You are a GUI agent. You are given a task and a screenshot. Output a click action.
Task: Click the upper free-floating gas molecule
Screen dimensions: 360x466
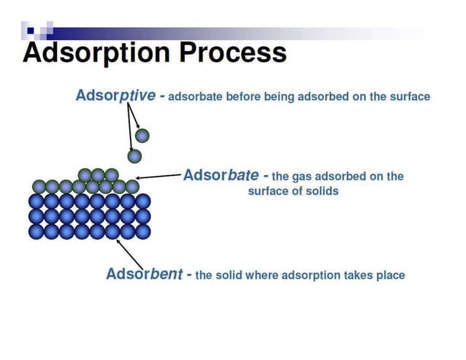[x=142, y=135]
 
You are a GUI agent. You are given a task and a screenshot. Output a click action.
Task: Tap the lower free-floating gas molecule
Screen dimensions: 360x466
[x=134, y=156]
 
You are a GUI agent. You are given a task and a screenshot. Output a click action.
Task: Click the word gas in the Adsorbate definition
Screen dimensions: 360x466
[x=302, y=177]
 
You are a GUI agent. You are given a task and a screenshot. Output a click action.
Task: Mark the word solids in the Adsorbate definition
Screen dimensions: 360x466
[x=323, y=191]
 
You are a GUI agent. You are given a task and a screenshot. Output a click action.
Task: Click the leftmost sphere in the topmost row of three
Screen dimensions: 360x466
[x=85, y=175]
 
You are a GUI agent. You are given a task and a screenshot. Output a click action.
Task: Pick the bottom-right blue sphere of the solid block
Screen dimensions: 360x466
[x=143, y=231]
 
